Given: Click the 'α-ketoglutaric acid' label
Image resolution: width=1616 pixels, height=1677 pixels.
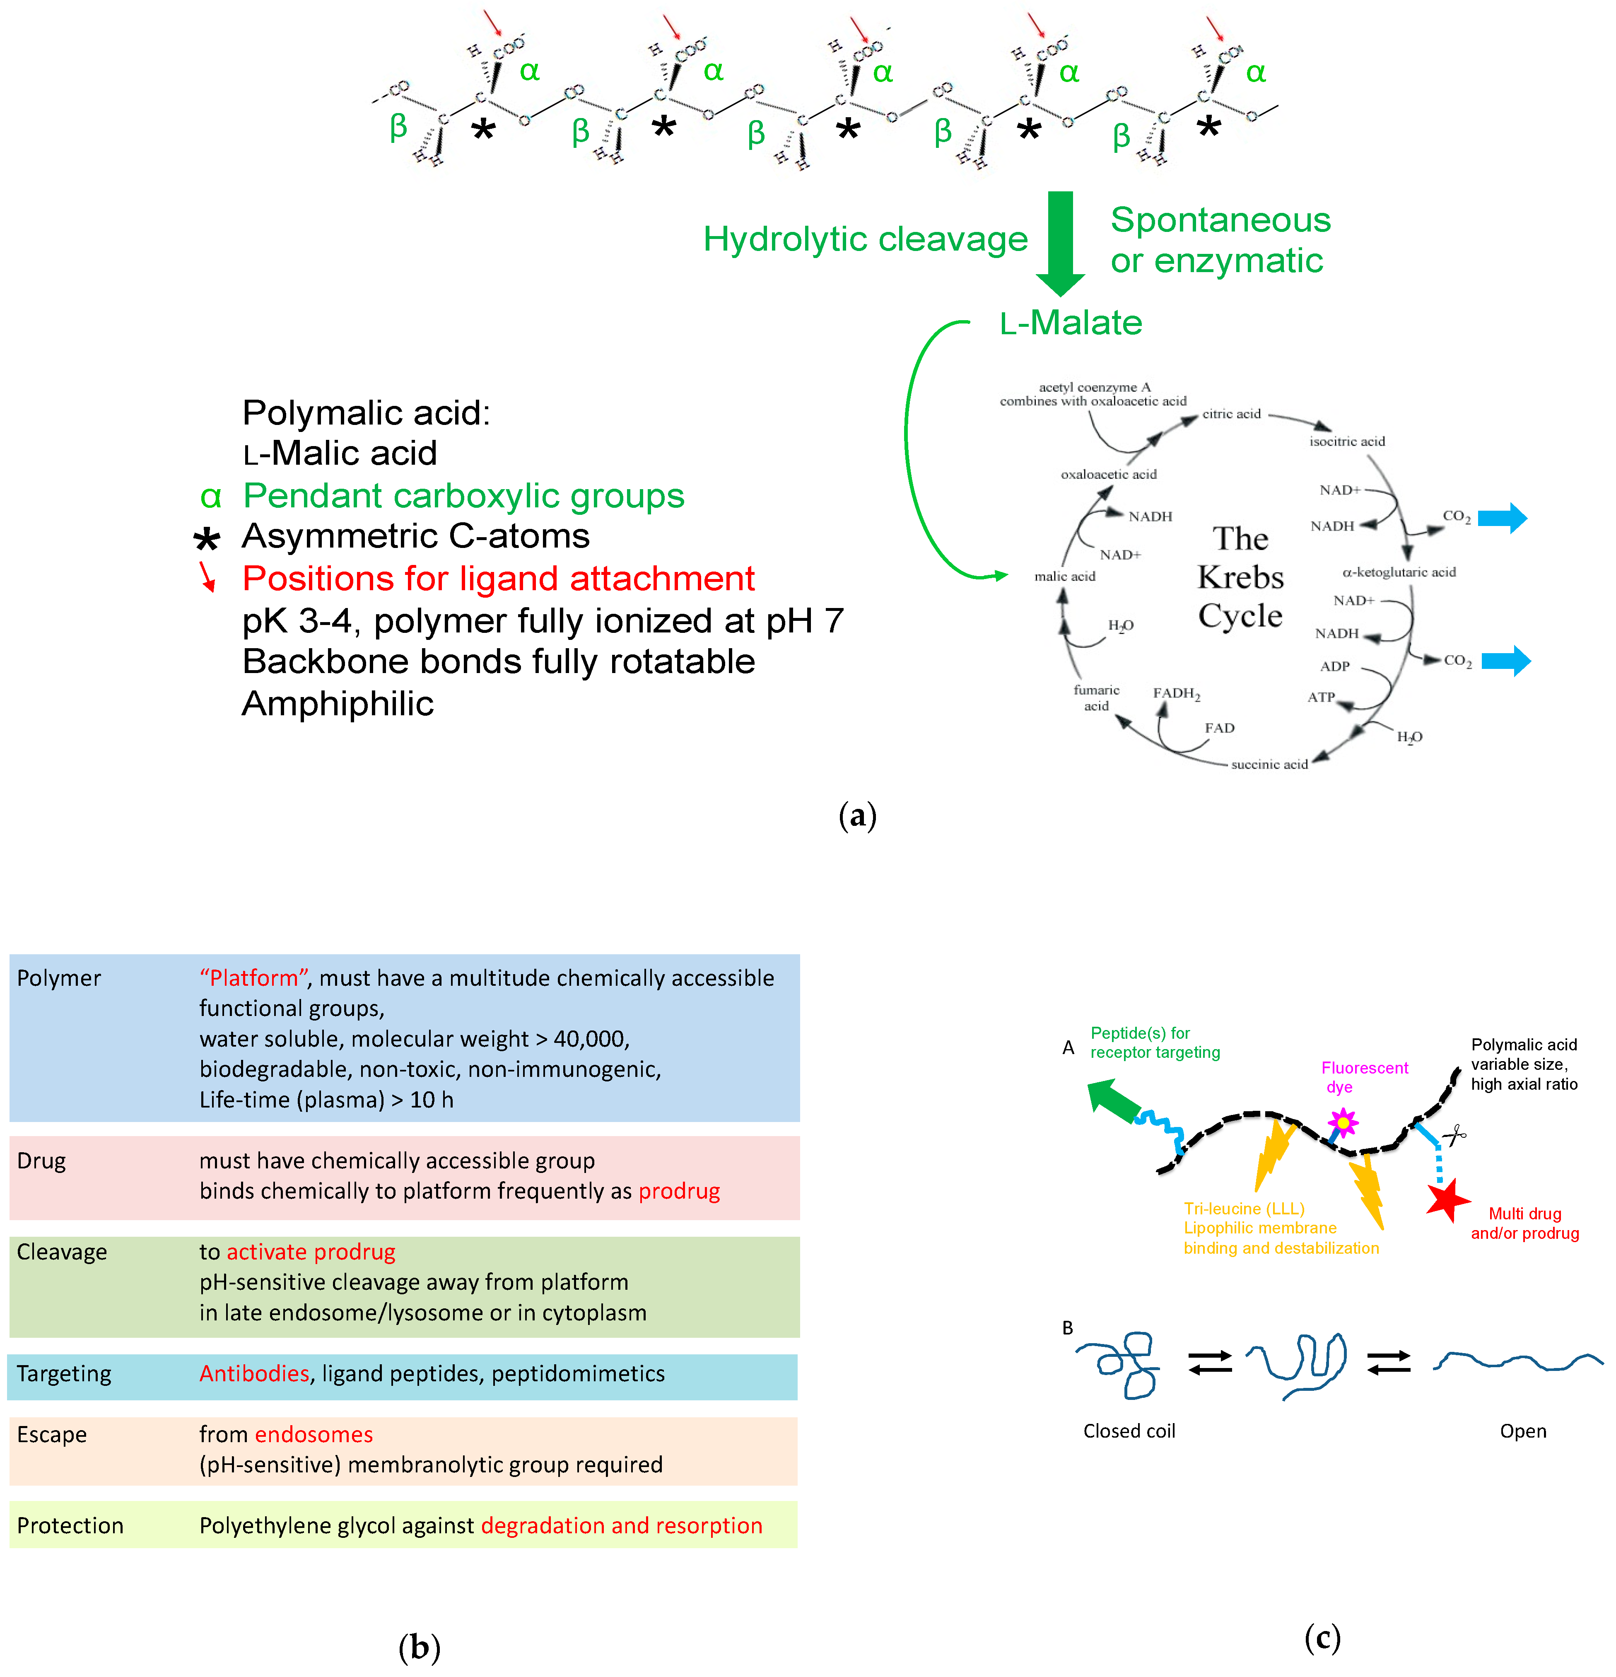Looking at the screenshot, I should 1399,572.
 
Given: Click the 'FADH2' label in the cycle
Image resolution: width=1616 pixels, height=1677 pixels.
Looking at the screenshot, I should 1176,693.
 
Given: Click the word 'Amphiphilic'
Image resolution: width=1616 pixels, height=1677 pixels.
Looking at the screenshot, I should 338,703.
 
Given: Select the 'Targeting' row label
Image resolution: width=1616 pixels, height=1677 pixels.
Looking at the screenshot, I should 64,1373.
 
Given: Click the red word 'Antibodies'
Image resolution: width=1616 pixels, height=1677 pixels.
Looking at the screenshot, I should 254,1373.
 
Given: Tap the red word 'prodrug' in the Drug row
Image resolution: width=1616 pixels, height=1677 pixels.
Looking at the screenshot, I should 679,1191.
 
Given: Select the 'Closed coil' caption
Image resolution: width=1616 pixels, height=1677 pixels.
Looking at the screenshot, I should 1129,1431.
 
